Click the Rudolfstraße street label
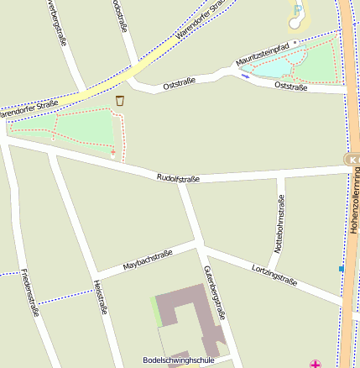(x=178, y=178)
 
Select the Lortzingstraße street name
(x=274, y=275)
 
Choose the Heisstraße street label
(x=102, y=297)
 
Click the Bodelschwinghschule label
(x=179, y=360)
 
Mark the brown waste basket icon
(x=120, y=101)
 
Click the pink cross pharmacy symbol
(x=316, y=364)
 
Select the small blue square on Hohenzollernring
(x=342, y=269)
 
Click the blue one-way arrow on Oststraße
(x=245, y=76)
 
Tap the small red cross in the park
(x=113, y=152)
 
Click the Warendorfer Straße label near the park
(x=29, y=106)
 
